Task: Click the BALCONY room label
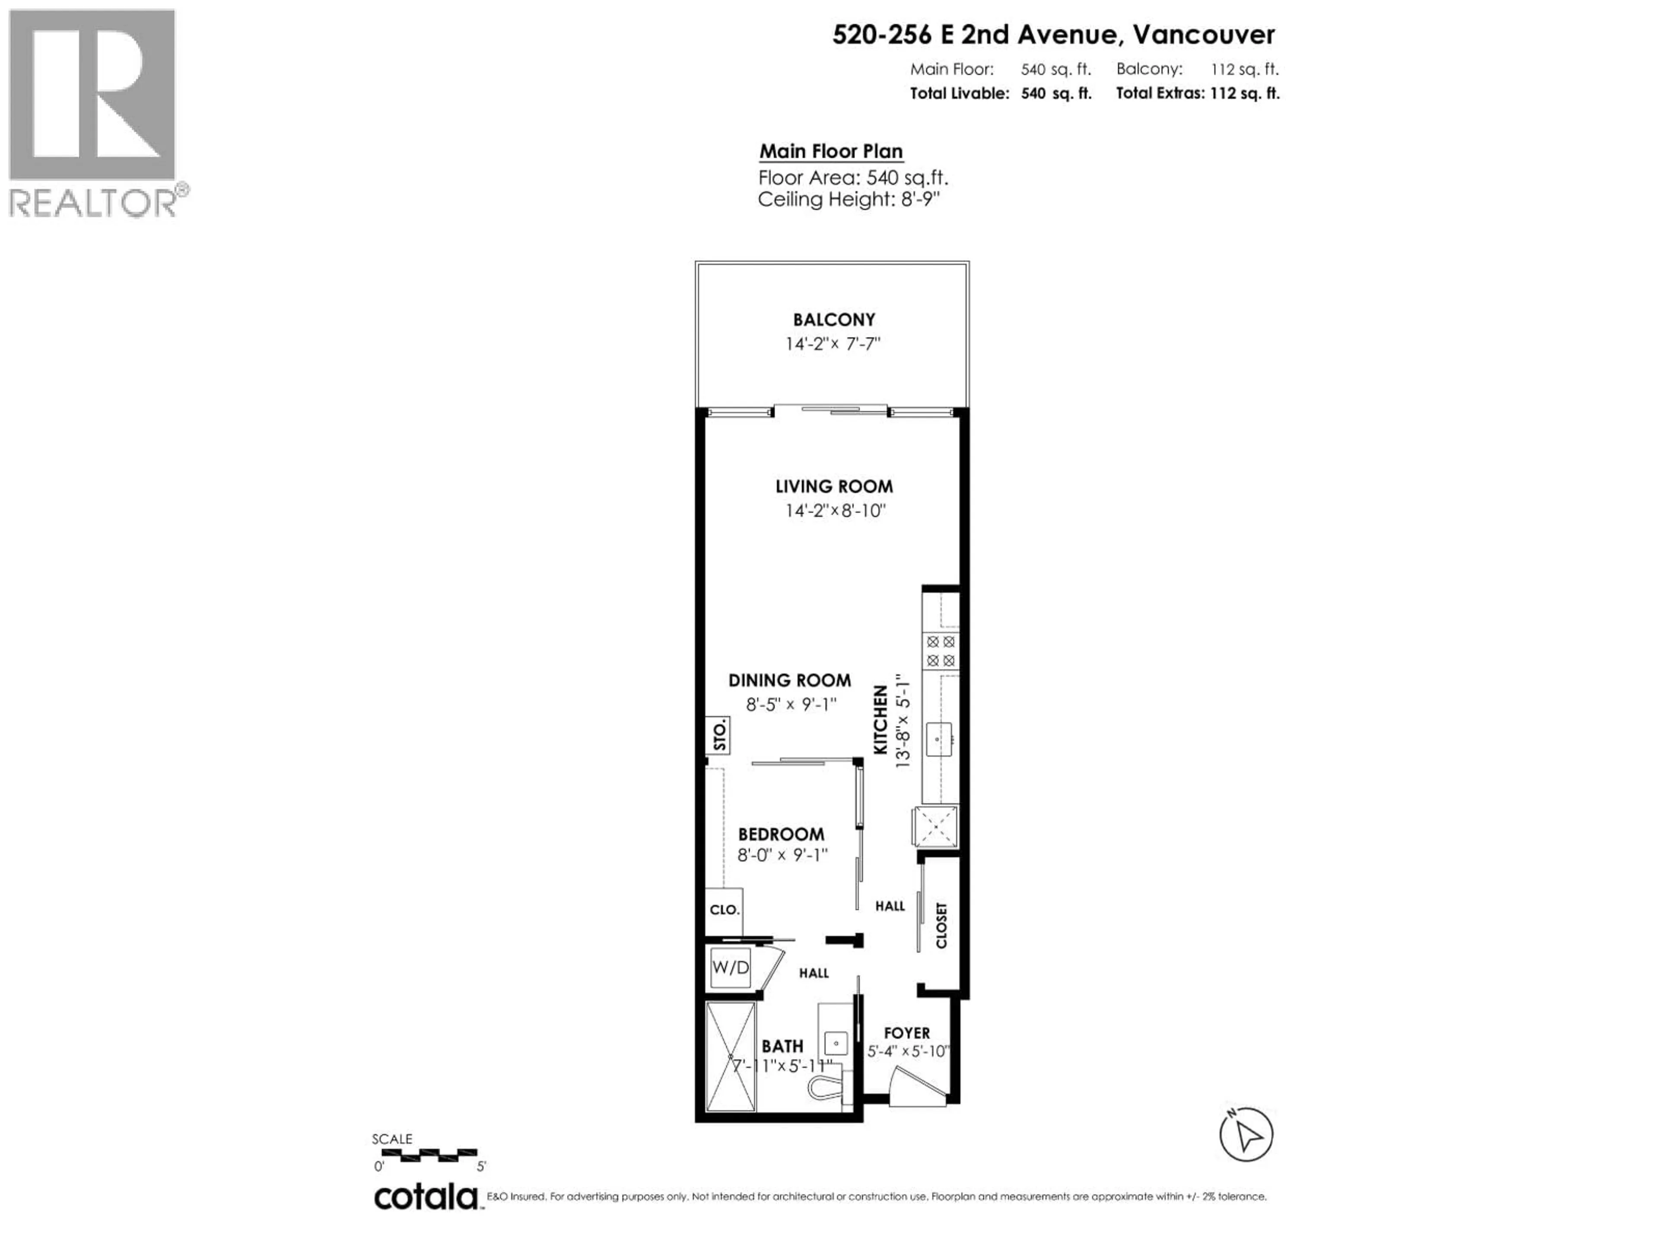[x=833, y=320]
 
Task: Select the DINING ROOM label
[x=790, y=681]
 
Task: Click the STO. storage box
[x=718, y=735]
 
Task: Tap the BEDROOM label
[x=781, y=834]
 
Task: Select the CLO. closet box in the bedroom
[x=724, y=910]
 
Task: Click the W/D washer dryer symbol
[x=730, y=968]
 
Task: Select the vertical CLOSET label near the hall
[x=942, y=925]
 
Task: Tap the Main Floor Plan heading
[x=830, y=152]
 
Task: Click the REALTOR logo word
[x=93, y=203]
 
